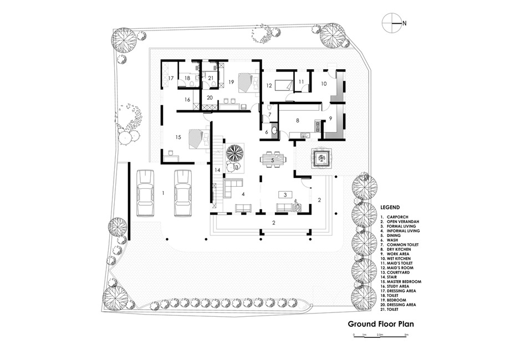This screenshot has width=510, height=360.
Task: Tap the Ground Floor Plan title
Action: click(381, 323)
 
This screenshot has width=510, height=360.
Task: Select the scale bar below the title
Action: click(379, 337)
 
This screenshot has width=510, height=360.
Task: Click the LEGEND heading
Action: click(390, 207)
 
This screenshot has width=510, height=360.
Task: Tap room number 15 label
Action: click(178, 137)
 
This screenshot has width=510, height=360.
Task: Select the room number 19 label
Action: click(231, 82)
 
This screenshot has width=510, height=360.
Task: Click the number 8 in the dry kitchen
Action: click(297, 120)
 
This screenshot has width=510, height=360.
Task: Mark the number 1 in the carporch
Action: click(164, 193)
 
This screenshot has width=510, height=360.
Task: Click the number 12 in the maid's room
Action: click(269, 86)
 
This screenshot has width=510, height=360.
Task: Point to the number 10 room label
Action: click(324, 84)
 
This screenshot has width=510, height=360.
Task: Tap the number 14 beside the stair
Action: click(217, 170)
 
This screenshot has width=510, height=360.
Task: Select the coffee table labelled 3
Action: click(285, 195)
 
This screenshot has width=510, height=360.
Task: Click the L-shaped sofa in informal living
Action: click(232, 188)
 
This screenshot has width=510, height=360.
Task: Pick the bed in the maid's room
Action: click(283, 85)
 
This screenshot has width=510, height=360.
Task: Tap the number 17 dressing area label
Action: click(171, 78)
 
